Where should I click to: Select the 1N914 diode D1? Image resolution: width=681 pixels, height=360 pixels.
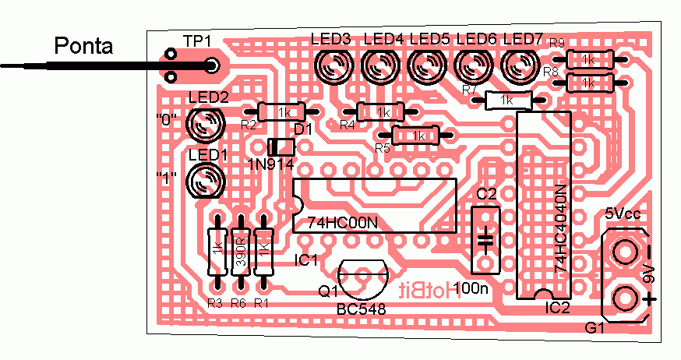click(281, 146)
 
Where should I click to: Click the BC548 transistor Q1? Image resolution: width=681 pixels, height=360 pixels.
click(363, 277)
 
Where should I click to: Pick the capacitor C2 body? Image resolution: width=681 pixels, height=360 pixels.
click(486, 238)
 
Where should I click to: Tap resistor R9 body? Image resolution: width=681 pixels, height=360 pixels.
click(588, 58)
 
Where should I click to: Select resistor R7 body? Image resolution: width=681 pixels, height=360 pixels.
click(507, 100)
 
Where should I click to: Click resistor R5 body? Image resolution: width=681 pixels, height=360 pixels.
click(419, 136)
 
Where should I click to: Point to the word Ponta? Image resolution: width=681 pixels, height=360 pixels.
click(83, 47)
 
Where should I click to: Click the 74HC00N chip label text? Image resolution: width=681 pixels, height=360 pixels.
click(342, 222)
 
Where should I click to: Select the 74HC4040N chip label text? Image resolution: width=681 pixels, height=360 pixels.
click(560, 229)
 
